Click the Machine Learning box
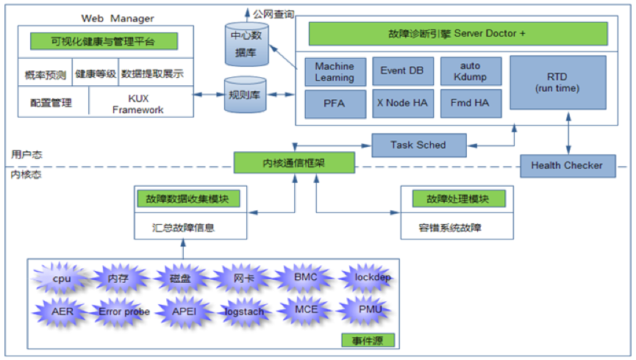coord(335,71)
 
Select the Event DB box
coord(401,71)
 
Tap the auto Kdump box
coord(471,71)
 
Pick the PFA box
coord(335,104)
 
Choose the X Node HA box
coord(401,104)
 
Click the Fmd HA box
coord(471,104)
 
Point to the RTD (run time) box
coord(557,82)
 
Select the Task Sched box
coord(418,145)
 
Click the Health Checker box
coord(566,165)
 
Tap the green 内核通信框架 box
coord(294,163)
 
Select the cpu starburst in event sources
coord(62,279)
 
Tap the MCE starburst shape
coord(306,309)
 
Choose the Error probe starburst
coord(124,312)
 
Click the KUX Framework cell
coord(140,103)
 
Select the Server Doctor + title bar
coord(457,34)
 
